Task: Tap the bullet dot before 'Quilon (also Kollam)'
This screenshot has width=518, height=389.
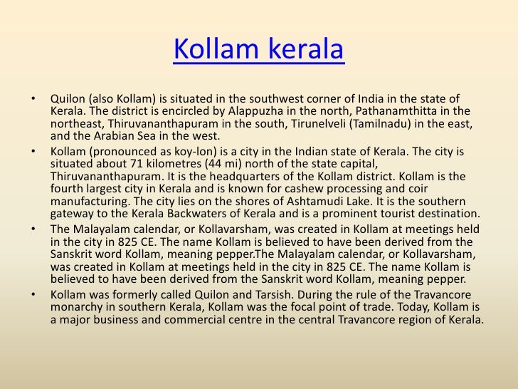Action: pyautogui.click(x=33, y=98)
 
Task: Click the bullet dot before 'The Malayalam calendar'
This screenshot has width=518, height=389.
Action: pyautogui.click(x=33, y=229)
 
